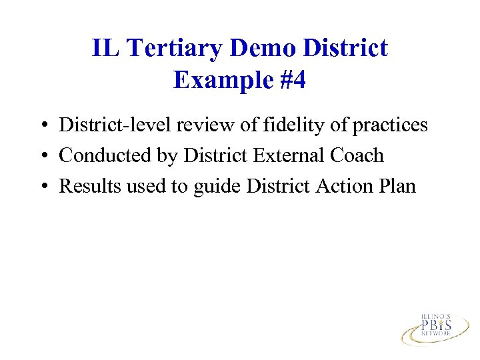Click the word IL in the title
pos(103,48)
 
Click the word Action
pos(344,186)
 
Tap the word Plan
pos(399,186)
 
